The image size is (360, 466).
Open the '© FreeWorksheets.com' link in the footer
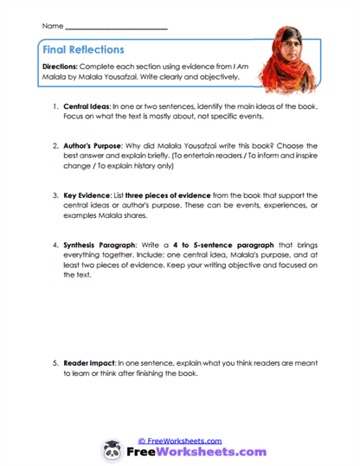coord(179,440)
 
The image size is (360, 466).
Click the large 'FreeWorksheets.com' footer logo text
coord(194,452)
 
